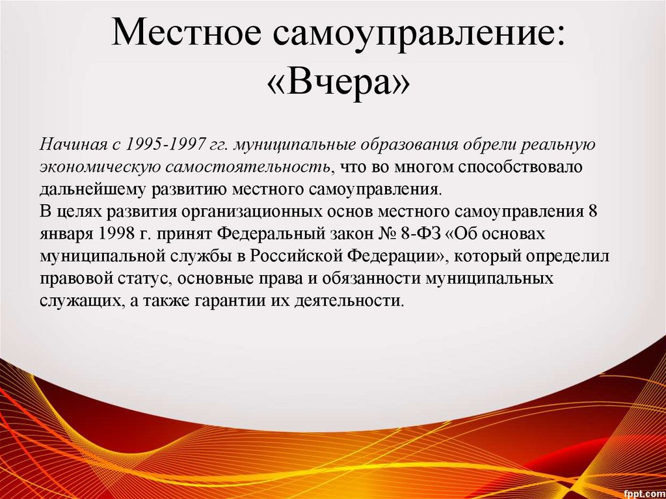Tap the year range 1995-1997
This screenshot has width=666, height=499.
click(x=167, y=143)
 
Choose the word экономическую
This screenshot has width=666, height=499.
click(x=101, y=167)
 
